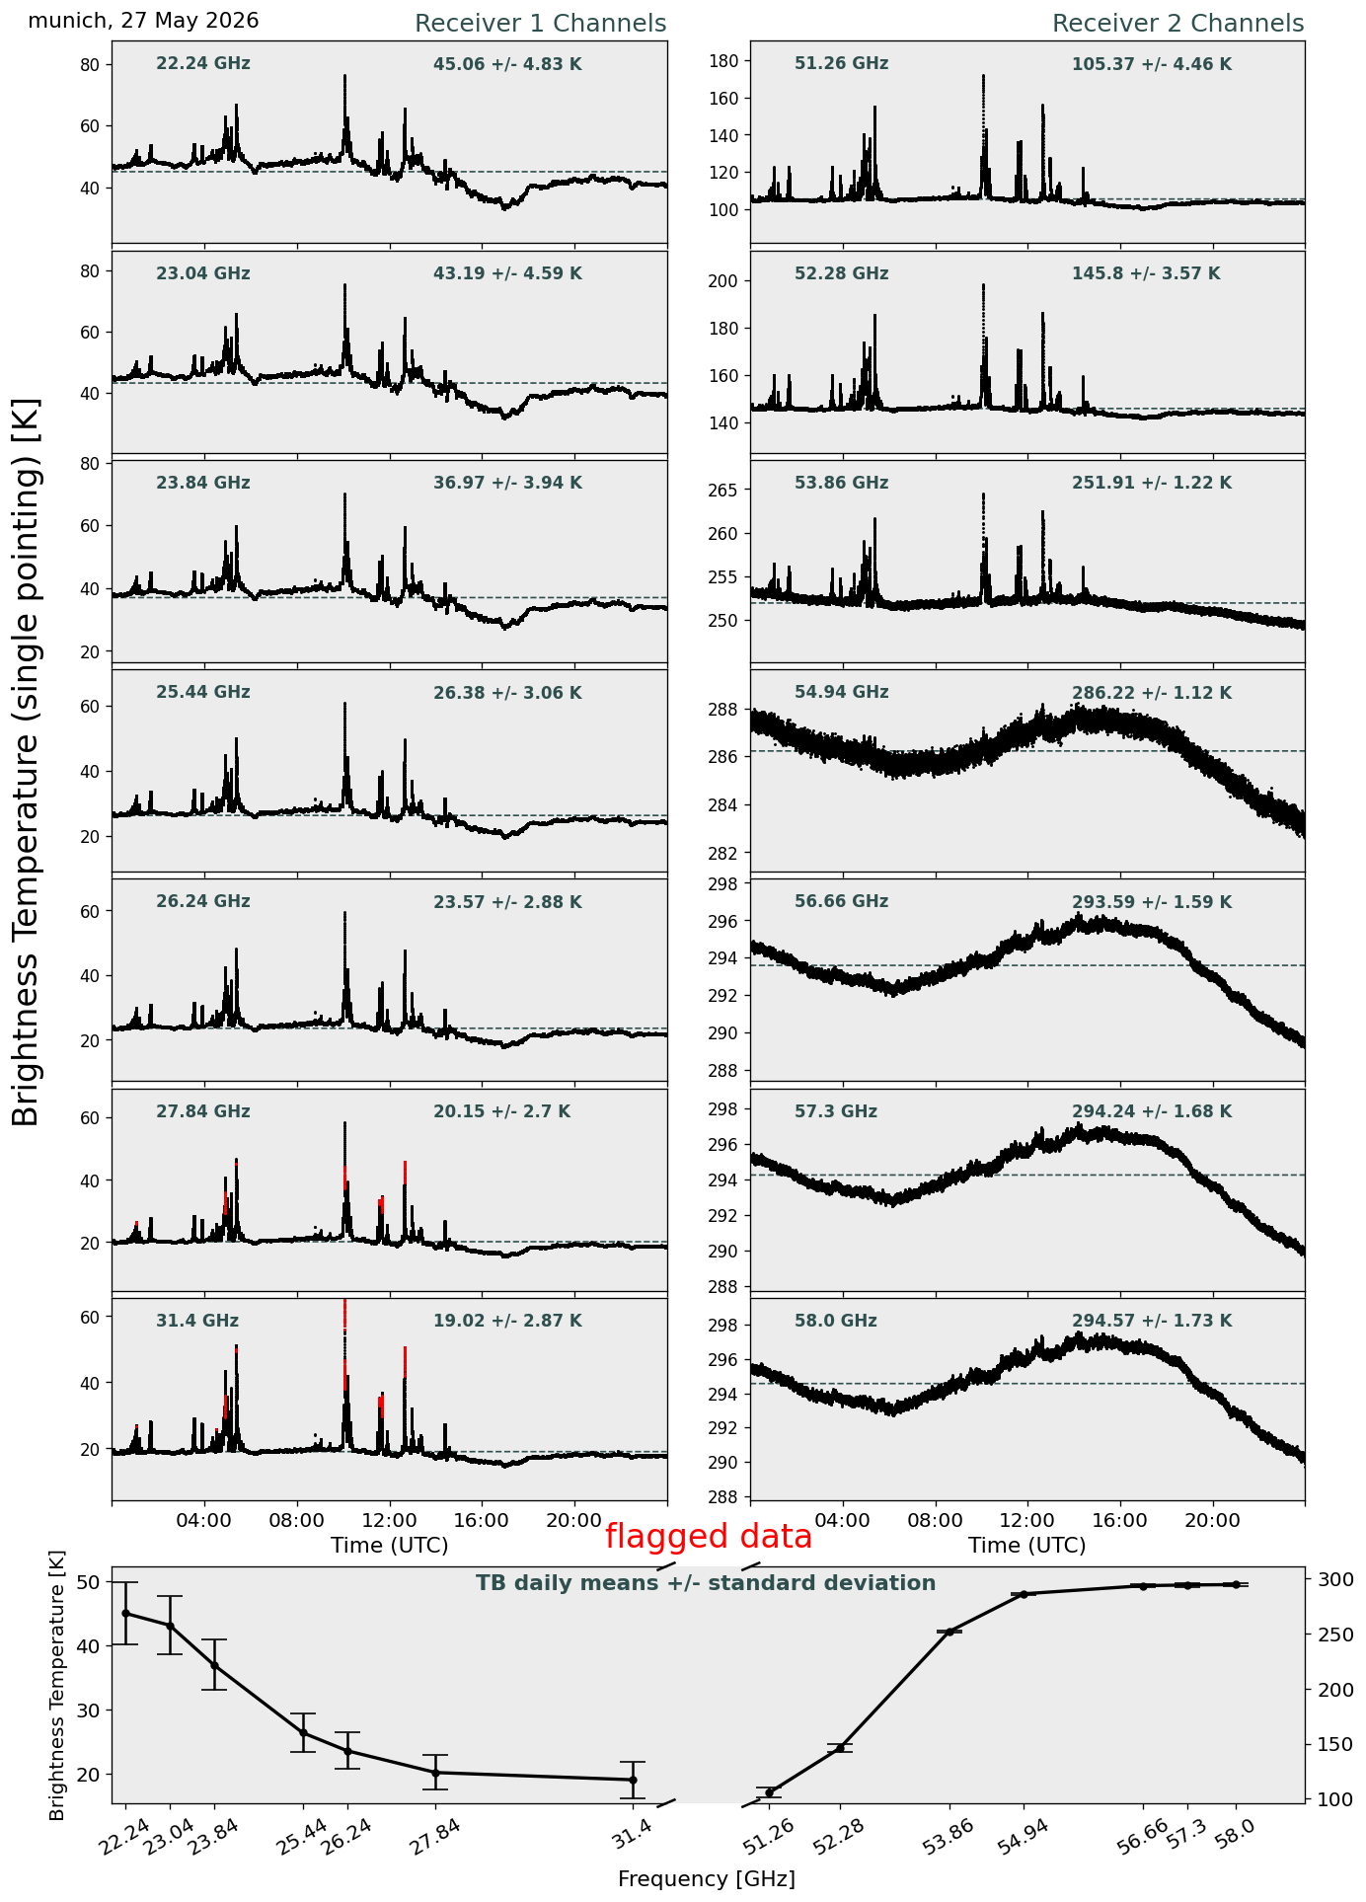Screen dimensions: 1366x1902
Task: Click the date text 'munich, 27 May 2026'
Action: click(x=143, y=21)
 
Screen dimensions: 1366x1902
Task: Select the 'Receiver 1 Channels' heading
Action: click(x=540, y=24)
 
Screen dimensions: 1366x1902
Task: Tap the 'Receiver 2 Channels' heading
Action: click(x=1177, y=24)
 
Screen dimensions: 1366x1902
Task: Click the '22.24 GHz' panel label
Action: click(x=203, y=64)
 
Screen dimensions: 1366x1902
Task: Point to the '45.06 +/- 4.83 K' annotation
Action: click(x=507, y=65)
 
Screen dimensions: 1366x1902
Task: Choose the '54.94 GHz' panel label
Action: click(x=841, y=693)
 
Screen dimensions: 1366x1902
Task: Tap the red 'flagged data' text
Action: click(x=709, y=1537)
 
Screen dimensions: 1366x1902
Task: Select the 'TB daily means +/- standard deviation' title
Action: click(x=706, y=1583)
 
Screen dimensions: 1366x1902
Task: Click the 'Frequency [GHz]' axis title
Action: click(x=707, y=1878)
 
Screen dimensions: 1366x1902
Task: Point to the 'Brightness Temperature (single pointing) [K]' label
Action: click(x=27, y=761)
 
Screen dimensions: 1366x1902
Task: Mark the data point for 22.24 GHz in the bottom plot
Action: click(x=125, y=1613)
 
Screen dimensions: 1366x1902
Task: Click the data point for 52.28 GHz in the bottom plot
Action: click(x=840, y=1748)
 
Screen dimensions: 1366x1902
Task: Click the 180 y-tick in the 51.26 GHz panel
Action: click(x=725, y=61)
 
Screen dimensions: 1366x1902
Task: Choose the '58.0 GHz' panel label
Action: click(x=836, y=1321)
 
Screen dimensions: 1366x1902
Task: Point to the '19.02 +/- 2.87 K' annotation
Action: click(x=507, y=1322)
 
